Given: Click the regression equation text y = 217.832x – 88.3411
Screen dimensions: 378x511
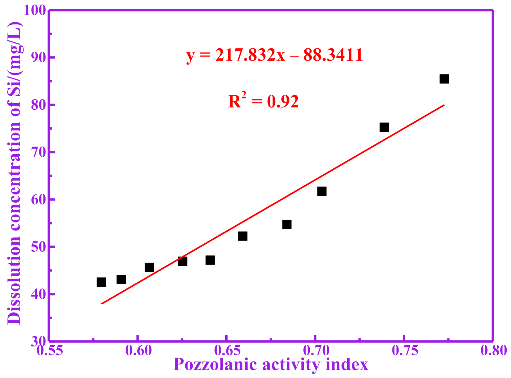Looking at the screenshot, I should [x=274, y=55].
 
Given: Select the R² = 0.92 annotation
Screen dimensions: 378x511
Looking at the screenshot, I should [x=263, y=101].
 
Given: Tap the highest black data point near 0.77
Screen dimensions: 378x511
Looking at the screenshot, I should [x=444, y=79].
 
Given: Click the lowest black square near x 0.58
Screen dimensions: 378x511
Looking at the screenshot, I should [x=101, y=282].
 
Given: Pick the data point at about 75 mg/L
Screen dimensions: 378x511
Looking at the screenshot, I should [x=384, y=127].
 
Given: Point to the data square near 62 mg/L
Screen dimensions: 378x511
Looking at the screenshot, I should [x=322, y=191].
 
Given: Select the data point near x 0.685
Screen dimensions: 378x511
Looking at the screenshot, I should [x=287, y=225].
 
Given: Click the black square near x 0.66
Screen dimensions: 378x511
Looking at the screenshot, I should [x=242, y=236].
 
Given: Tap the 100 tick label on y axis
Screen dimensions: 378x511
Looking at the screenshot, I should [x=35, y=11].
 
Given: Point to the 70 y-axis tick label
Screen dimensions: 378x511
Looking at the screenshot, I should [x=38, y=152].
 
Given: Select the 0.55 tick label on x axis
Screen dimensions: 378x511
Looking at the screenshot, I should [x=50, y=351].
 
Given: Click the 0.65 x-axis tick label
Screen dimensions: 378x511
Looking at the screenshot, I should [x=227, y=351].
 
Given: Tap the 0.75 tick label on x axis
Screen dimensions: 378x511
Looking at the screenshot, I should [x=404, y=351].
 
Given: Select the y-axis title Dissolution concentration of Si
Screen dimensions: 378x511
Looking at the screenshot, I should [x=14, y=173].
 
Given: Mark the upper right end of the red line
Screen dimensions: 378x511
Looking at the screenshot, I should [x=443, y=105].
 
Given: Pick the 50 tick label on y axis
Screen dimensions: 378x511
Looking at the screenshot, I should [x=38, y=247].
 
